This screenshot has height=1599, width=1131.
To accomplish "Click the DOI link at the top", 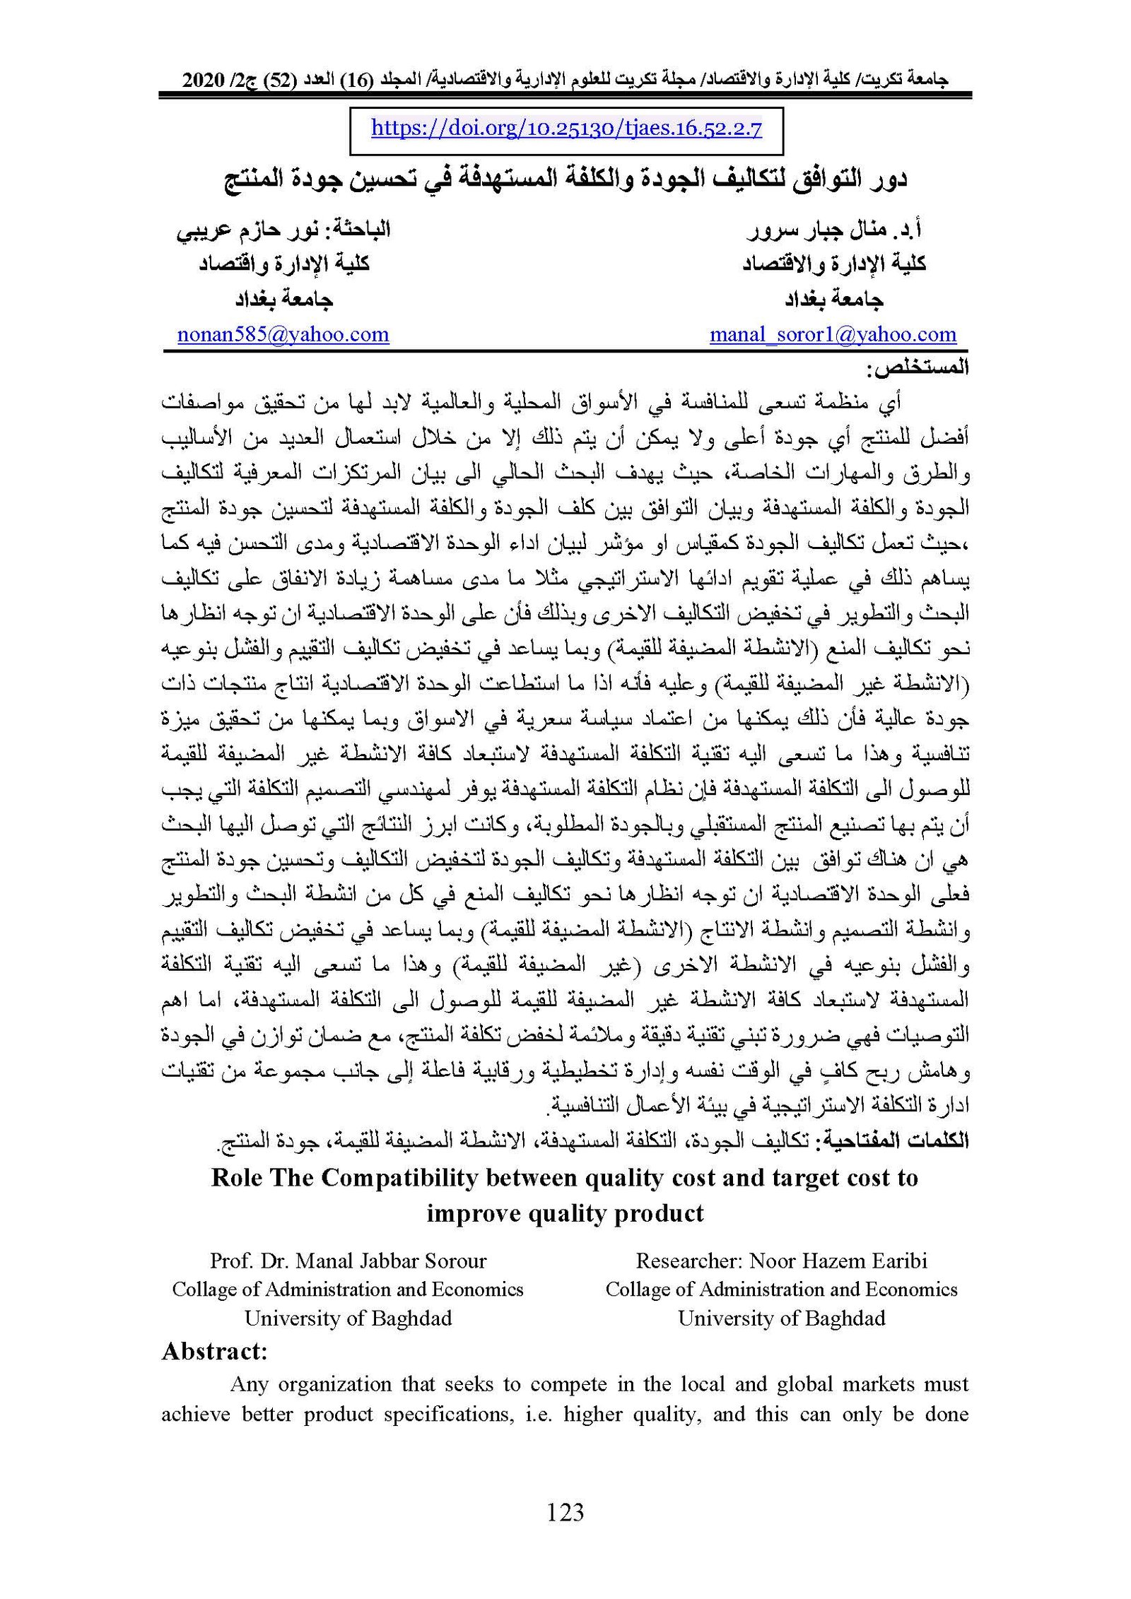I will point(566,129).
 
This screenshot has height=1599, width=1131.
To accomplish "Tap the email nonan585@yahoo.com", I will point(283,334).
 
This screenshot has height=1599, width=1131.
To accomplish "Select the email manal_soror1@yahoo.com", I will point(833,334).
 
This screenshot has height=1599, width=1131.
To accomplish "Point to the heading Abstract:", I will point(215,1352).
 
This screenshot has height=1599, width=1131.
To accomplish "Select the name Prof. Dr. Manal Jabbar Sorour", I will point(348,1261).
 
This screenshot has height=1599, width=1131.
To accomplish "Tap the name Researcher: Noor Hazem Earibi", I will point(781,1261).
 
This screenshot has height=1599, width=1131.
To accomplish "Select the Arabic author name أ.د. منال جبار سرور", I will point(834,230).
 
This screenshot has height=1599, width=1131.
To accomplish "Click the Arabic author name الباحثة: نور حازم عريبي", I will point(283,230).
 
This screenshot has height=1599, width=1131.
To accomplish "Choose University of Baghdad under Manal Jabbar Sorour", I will point(348,1318).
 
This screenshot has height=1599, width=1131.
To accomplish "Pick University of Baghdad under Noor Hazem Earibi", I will point(781,1318).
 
